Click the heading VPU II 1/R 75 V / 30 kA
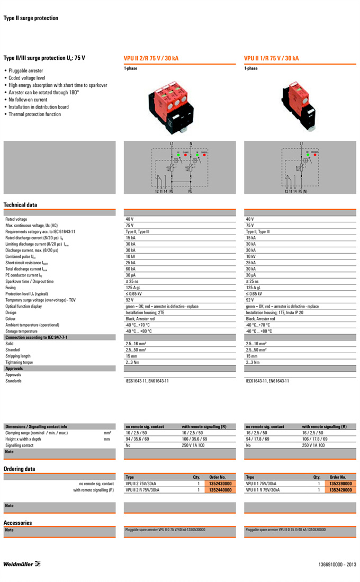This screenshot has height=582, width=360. click(271, 58)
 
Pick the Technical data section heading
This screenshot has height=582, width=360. click(20, 205)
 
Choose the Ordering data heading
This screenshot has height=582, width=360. click(19, 469)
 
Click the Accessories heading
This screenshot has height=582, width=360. click(17, 523)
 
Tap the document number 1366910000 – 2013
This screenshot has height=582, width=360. click(337, 565)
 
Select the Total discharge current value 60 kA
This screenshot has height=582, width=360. click(131, 269)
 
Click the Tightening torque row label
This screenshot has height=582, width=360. click(19, 362)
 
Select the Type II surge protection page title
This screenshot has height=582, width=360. click(31, 18)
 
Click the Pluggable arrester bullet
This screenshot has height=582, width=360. click(25, 70)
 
